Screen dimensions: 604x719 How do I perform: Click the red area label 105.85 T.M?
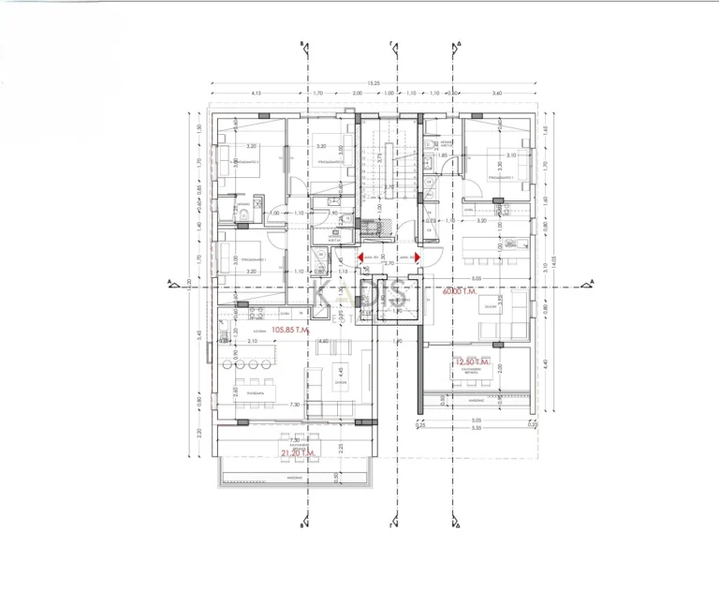pyautogui.click(x=292, y=330)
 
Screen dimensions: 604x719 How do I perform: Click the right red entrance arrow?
pyautogui.click(x=418, y=256)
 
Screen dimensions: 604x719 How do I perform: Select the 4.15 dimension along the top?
pyautogui.click(x=256, y=94)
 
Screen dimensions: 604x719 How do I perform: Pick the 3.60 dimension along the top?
pyautogui.click(x=497, y=94)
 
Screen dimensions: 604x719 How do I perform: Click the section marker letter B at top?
pyautogui.click(x=301, y=44)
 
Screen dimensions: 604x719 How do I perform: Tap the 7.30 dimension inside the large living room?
pyautogui.click(x=268, y=405)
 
